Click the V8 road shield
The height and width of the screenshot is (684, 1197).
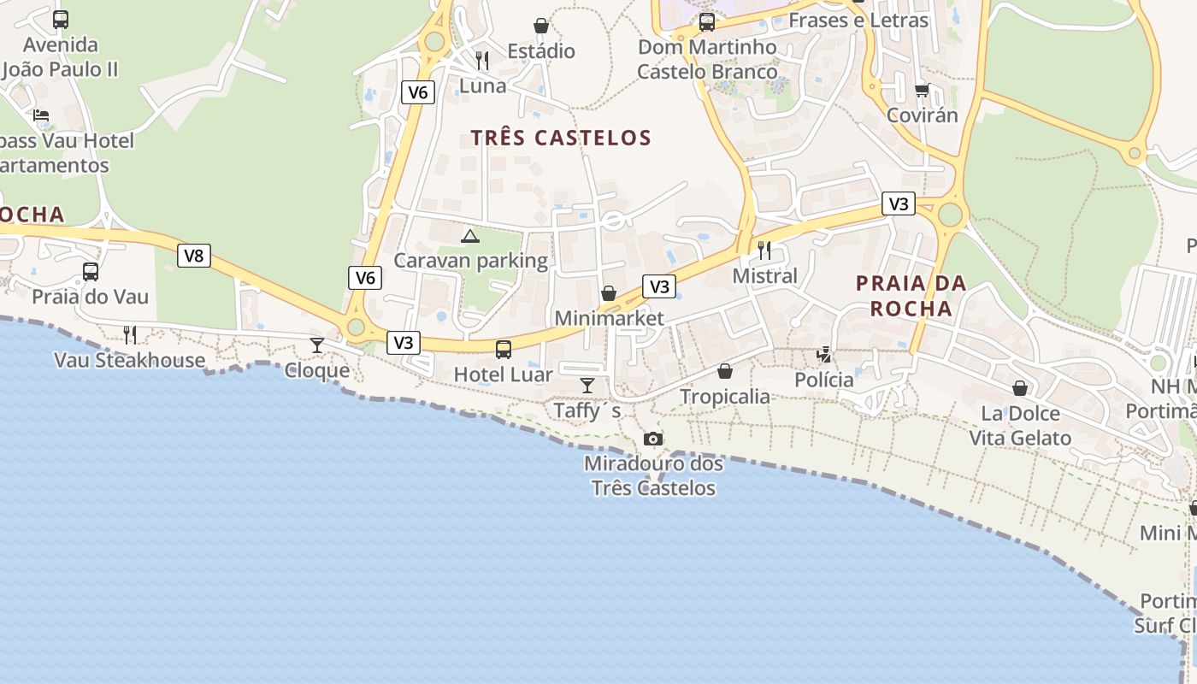[x=194, y=256]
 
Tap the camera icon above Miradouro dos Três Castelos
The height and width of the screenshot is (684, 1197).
[x=653, y=439]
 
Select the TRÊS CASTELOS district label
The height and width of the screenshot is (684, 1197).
[x=561, y=138]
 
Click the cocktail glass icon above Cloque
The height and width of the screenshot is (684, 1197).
[x=317, y=345]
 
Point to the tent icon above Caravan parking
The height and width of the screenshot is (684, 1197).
[x=469, y=236]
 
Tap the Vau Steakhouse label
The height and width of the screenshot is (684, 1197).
[x=129, y=360]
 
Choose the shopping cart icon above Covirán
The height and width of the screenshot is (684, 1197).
[x=922, y=90]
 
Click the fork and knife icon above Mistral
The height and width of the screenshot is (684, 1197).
[x=764, y=251]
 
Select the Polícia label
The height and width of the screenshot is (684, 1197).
[x=824, y=380]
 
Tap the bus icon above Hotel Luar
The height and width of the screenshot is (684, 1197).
[x=504, y=349]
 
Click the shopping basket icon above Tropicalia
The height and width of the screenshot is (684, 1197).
[x=725, y=371]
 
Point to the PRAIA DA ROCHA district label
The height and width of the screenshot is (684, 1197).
[x=911, y=296]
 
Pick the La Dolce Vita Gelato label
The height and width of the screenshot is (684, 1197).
[x=1019, y=426]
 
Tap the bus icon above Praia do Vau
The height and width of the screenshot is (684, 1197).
[x=91, y=272]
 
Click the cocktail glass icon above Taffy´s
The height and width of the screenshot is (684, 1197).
[x=587, y=386]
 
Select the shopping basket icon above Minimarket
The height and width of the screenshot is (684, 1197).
[x=609, y=294]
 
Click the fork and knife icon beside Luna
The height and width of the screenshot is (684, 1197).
[x=482, y=60]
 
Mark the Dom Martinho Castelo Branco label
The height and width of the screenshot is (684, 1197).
[x=707, y=59]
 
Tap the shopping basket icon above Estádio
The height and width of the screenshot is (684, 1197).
[x=541, y=27]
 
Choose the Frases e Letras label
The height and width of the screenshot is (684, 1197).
[x=858, y=20]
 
